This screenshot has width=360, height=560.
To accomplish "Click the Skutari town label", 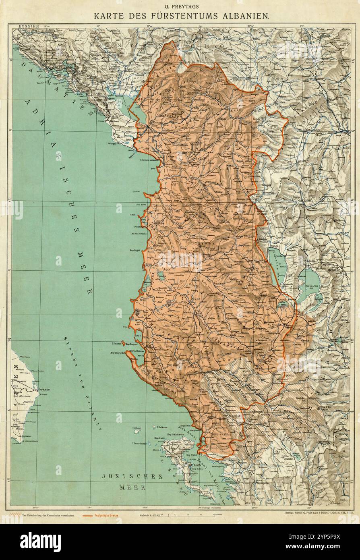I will (x=155, y=123).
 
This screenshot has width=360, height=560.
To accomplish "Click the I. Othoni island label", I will (x=138, y=428).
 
